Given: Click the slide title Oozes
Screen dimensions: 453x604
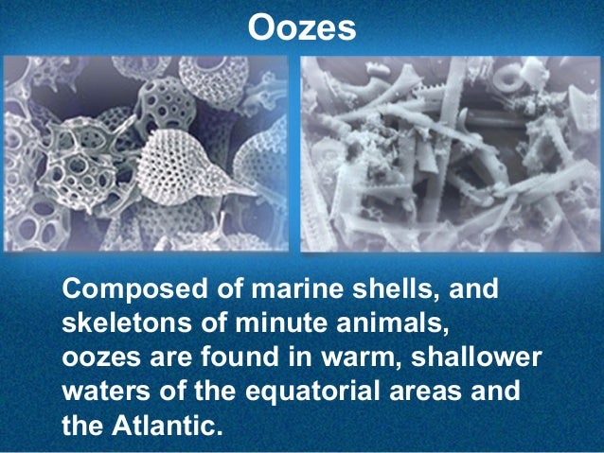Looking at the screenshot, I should click(301, 28).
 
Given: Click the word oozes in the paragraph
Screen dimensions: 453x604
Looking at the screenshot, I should click(99, 357).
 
